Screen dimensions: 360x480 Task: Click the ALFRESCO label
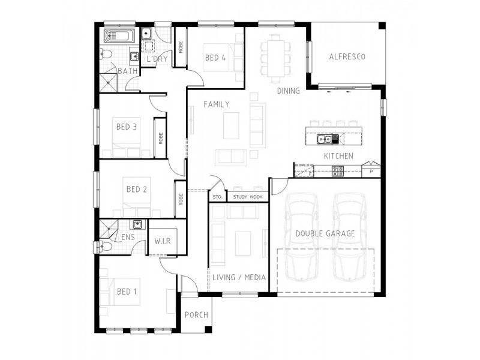(x=347, y=57)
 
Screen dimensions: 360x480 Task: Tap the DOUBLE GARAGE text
(x=325, y=233)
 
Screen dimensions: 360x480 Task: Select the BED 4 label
(x=215, y=58)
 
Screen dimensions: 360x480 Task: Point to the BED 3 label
(x=127, y=127)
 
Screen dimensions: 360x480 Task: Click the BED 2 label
(x=137, y=190)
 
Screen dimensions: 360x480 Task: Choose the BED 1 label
(x=127, y=292)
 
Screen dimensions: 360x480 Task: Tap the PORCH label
(x=196, y=315)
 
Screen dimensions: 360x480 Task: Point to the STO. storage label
(x=217, y=197)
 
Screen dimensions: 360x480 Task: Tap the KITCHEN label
(x=338, y=156)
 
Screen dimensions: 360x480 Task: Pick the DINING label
(x=288, y=91)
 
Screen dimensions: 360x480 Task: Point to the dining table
(x=276, y=57)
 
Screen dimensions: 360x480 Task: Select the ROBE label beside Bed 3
(x=160, y=138)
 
